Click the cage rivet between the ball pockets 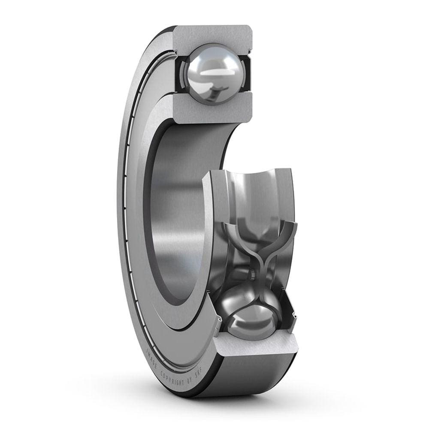(x=254, y=272)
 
